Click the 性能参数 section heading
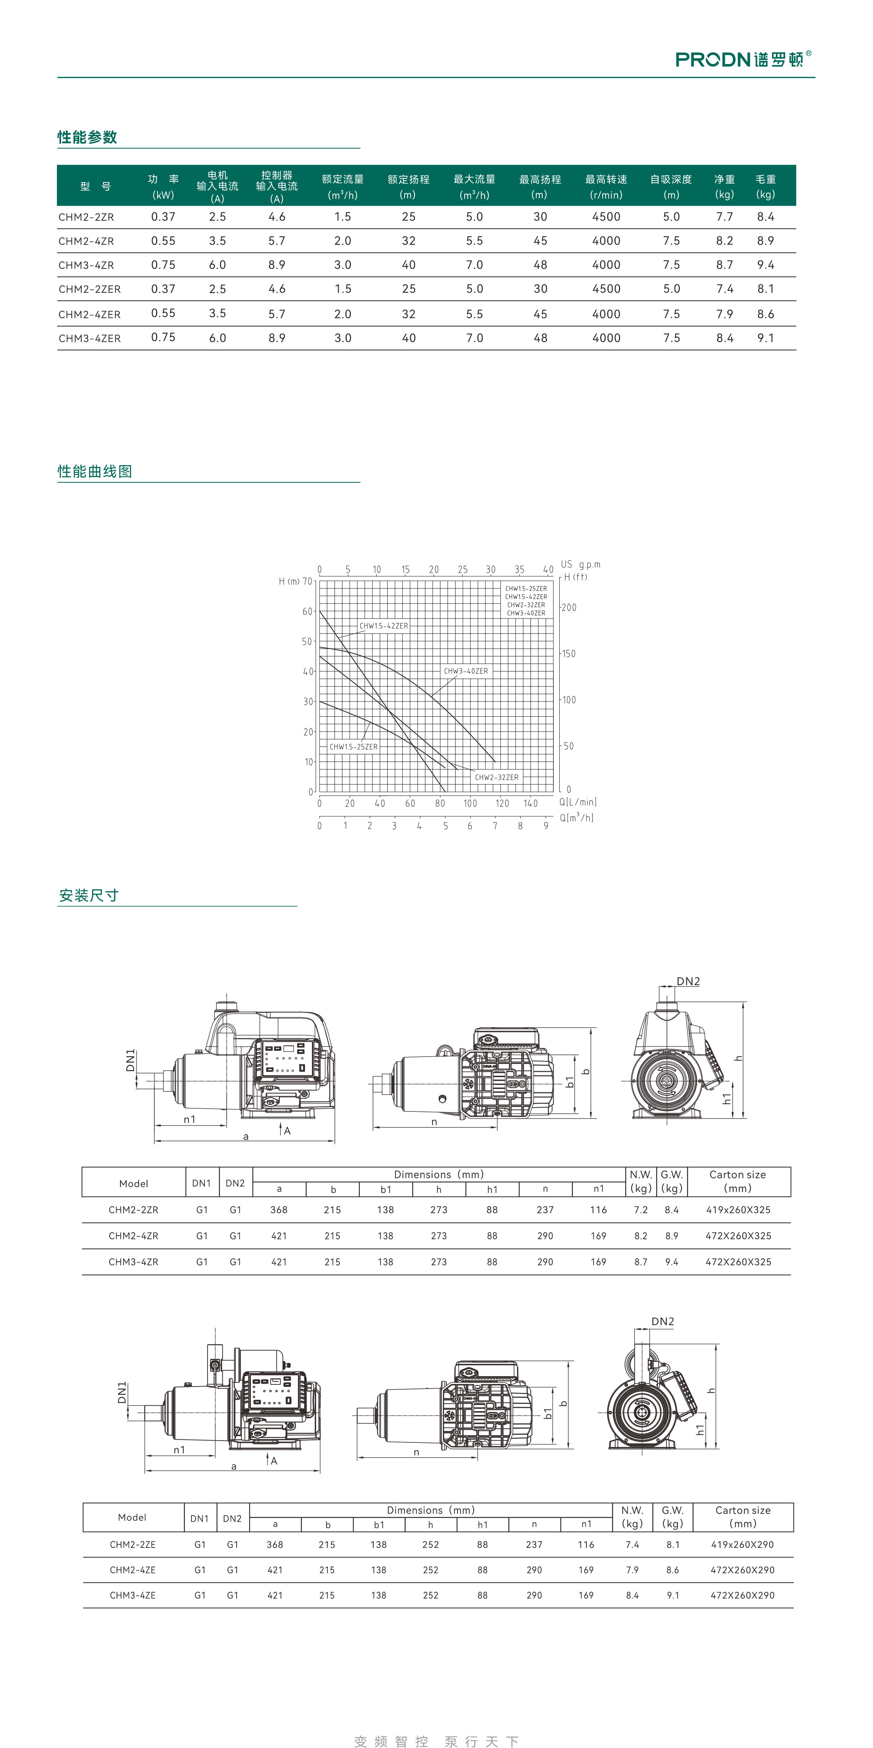pos(87,137)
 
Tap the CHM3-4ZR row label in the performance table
pos(86,265)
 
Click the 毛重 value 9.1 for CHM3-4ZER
pos(766,338)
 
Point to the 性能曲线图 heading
pos(95,472)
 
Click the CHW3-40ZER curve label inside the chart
pos(466,671)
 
